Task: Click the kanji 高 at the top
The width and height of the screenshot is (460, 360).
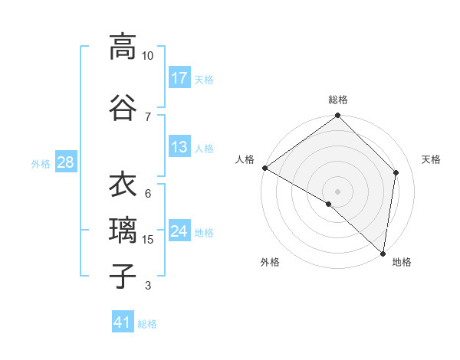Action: point(123,47)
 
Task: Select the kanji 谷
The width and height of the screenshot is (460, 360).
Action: point(123,106)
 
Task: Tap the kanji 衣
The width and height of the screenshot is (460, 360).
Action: point(123,185)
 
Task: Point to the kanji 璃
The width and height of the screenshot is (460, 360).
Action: point(123,231)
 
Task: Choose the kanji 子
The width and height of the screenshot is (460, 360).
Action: point(123,277)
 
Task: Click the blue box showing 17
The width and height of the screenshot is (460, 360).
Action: point(179,77)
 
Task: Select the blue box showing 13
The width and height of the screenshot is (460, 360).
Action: point(179,147)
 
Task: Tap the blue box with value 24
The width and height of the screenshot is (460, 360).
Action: point(179,231)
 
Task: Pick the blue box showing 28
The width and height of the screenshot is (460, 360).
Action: point(65,162)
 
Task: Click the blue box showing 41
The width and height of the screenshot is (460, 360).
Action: point(123,322)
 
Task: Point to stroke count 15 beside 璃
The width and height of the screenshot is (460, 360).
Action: point(148,240)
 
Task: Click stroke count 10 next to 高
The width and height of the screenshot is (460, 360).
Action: point(148,56)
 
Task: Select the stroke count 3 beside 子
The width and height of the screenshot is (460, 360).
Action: point(148,286)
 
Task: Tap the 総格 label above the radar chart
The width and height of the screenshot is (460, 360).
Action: point(338,100)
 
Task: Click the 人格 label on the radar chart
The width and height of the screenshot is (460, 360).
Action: point(245,159)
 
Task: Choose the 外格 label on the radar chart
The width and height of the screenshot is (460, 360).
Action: point(270,262)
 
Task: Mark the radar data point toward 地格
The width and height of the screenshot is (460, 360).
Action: point(383,254)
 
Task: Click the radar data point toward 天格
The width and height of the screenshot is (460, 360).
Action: point(396,172)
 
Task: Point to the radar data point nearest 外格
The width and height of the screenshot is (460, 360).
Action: point(329,204)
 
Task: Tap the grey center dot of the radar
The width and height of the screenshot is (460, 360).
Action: point(338,191)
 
